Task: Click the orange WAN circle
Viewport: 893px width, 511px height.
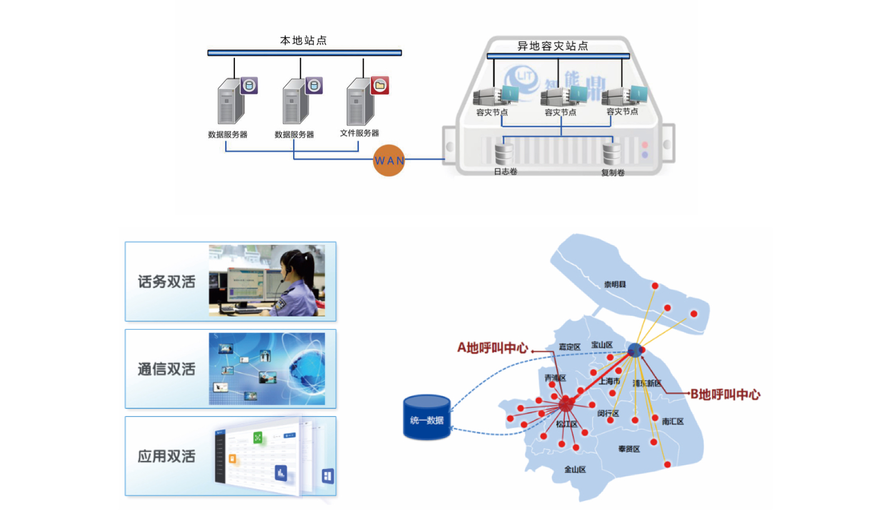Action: [388, 161]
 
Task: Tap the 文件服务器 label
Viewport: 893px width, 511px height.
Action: [359, 133]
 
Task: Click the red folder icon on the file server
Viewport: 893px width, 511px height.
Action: [380, 85]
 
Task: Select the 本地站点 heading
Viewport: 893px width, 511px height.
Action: [303, 41]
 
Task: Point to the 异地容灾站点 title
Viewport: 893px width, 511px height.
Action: [553, 46]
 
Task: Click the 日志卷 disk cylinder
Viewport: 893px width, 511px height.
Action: [503, 153]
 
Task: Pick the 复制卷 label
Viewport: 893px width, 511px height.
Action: [613, 173]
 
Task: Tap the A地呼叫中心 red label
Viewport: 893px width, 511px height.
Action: [492, 348]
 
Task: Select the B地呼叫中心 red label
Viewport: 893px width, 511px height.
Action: [725, 394]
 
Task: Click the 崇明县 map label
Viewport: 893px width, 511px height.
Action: [615, 285]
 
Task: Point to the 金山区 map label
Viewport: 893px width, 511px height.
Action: [575, 470]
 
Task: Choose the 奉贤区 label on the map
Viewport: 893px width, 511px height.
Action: [629, 449]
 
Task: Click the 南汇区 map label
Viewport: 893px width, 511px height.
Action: [673, 422]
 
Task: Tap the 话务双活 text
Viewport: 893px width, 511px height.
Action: [166, 282]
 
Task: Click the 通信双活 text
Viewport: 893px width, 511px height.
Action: [166, 369]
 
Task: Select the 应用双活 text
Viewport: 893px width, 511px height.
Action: [166, 456]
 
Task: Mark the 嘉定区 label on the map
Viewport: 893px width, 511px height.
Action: [569, 347]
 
